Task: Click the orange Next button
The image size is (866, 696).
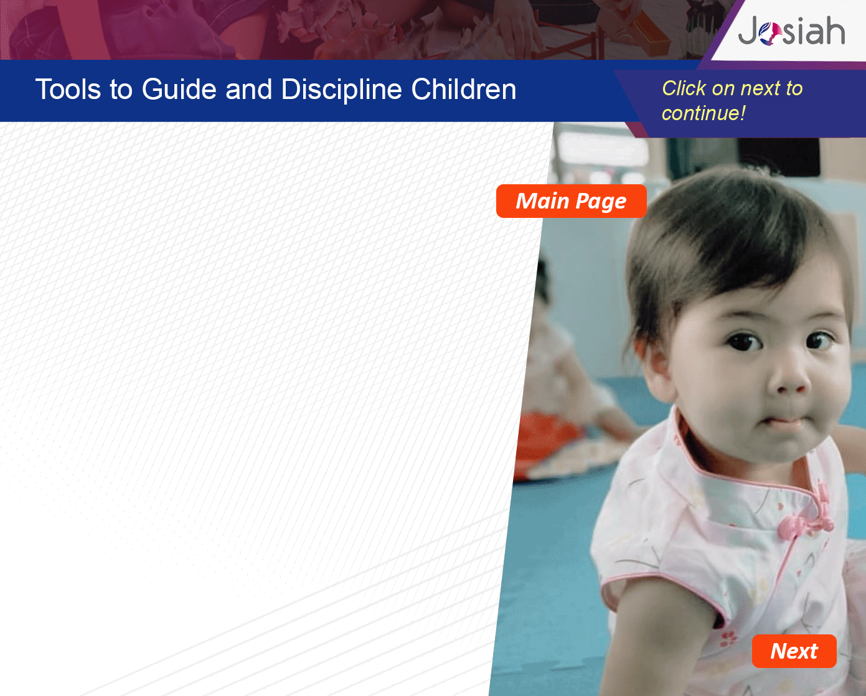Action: click(x=794, y=651)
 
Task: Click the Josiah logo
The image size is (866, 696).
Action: click(x=791, y=31)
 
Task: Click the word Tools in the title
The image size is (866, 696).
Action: click(x=68, y=89)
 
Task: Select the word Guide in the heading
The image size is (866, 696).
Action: click(x=179, y=89)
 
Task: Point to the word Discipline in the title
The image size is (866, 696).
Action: click(x=341, y=90)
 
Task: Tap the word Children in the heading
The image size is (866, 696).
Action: click(x=464, y=89)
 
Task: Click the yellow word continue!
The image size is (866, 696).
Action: click(x=704, y=113)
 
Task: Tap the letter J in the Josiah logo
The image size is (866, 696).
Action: click(x=748, y=31)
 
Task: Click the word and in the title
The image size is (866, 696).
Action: click(x=248, y=89)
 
